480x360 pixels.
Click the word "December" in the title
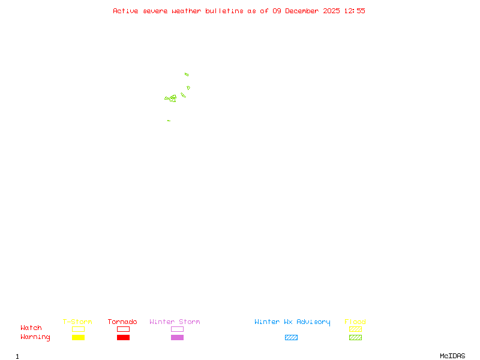(x=304, y=11)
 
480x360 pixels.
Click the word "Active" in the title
(x=125, y=11)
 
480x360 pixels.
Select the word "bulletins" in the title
(x=224, y=11)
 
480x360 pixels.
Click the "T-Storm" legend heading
(x=77, y=322)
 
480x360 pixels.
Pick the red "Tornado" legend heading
(x=122, y=322)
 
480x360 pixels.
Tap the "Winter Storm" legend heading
(x=175, y=322)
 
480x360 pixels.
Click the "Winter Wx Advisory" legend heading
(x=292, y=322)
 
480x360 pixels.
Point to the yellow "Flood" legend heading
(x=355, y=322)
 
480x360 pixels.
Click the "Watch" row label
(x=31, y=328)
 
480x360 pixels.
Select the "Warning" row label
(x=35, y=337)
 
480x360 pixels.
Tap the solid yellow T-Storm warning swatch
(x=78, y=338)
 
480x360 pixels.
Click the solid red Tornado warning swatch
(x=123, y=338)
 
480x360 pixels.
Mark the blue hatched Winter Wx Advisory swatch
(x=291, y=338)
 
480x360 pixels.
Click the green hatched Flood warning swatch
(x=355, y=338)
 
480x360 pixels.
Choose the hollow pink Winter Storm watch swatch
(x=177, y=329)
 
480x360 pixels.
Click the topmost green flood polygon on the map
(x=187, y=74)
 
